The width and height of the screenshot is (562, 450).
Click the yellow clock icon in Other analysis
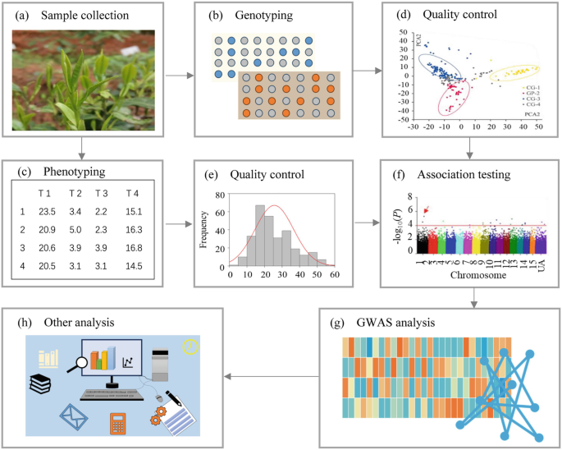pos(191,347)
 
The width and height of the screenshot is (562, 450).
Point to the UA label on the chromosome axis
pos(541,268)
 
